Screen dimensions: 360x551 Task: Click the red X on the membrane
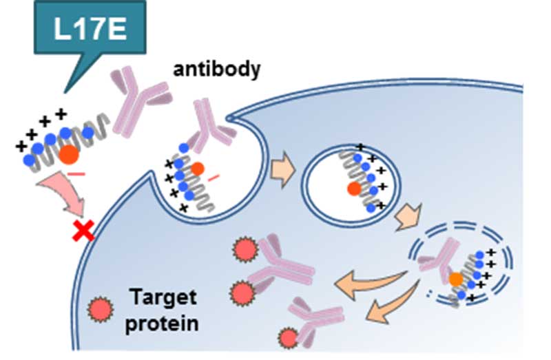pos(84,233)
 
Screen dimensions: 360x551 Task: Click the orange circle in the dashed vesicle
pos(456,279)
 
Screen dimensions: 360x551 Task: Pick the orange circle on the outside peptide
pos(67,155)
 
